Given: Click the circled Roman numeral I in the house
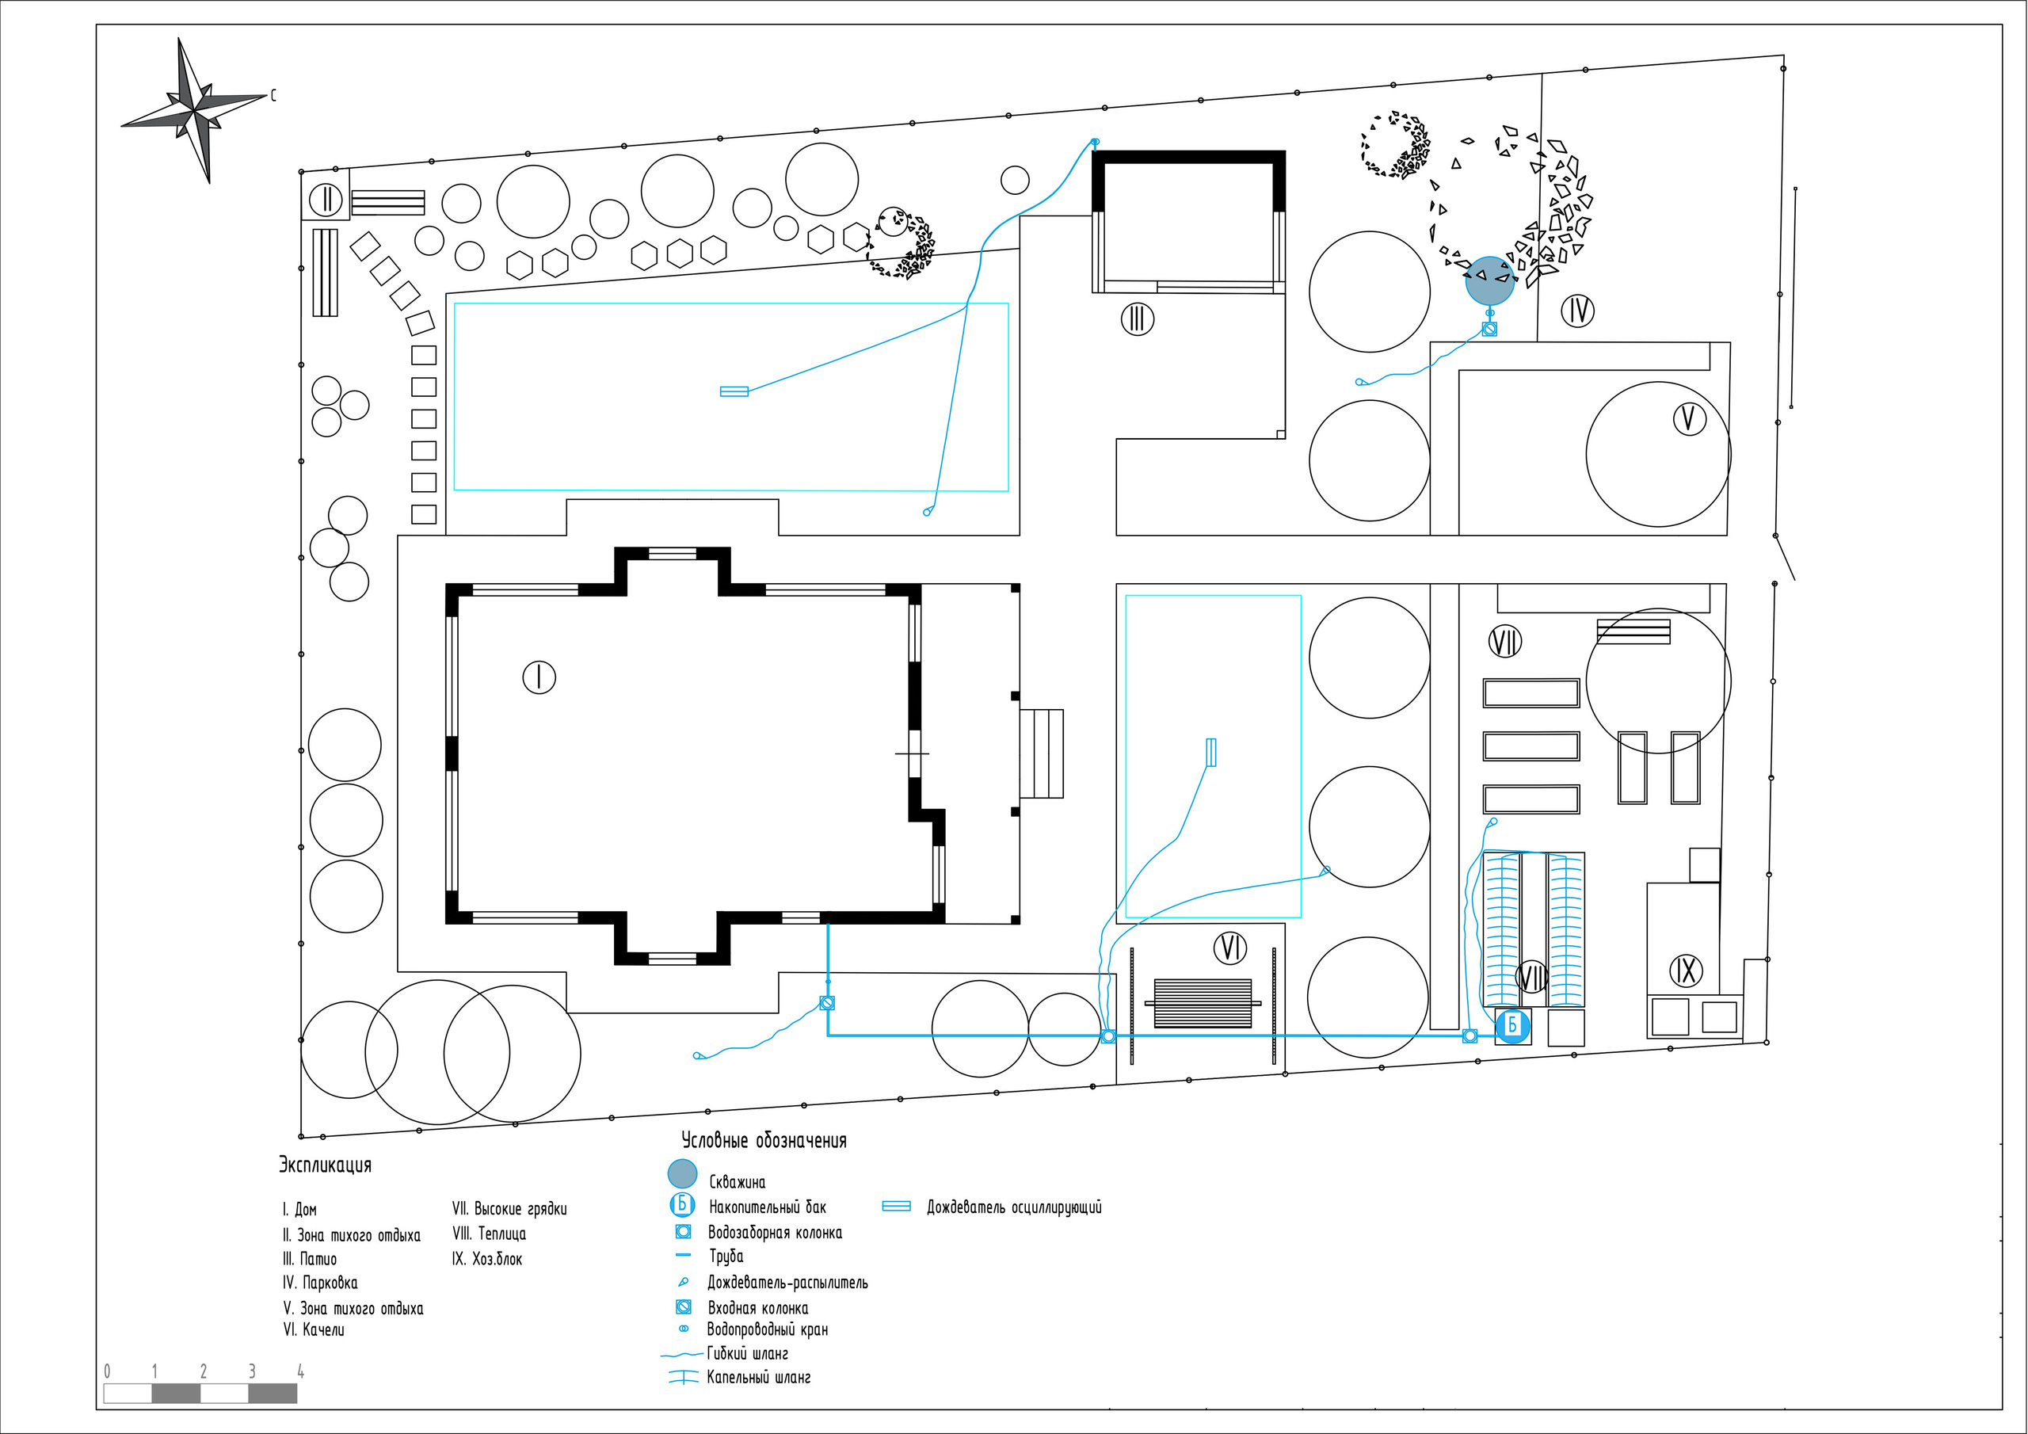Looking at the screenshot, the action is click(x=539, y=677).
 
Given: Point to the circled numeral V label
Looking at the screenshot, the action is click(x=1689, y=419).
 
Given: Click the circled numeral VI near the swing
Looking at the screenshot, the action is click(x=1230, y=948).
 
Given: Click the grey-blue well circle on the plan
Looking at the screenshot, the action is click(x=1489, y=281).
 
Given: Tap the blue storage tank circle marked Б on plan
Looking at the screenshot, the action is click(x=1512, y=1026).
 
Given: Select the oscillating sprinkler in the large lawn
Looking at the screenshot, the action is click(x=734, y=391).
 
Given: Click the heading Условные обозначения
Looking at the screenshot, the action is click(x=763, y=1141).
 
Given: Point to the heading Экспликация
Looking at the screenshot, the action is click(x=325, y=1165).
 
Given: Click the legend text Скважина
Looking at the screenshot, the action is click(x=737, y=1182).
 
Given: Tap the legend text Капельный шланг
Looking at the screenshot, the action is click(x=758, y=1378).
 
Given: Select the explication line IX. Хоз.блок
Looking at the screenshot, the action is click(x=486, y=1259).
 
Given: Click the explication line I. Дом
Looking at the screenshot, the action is click(x=299, y=1210).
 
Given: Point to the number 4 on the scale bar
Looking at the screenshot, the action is click(x=300, y=1372).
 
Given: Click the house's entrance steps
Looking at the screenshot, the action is click(x=1042, y=753).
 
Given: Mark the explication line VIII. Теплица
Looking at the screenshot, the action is click(x=489, y=1234).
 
